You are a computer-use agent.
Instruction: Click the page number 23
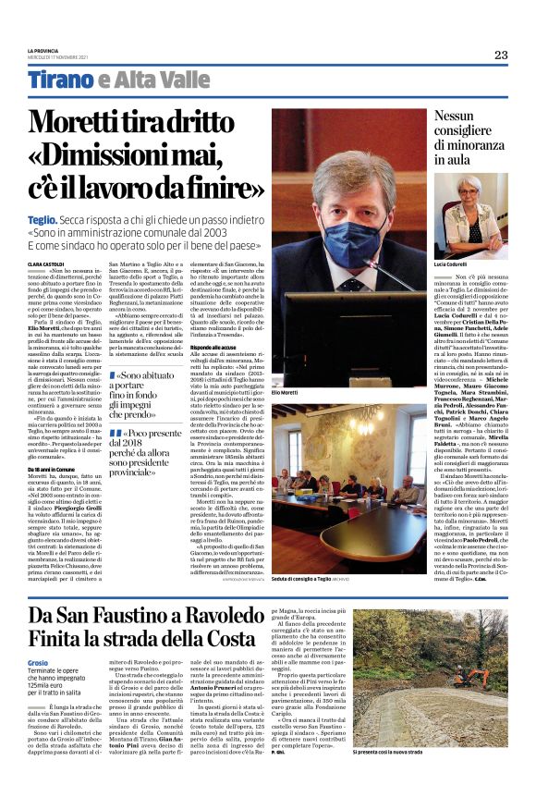[501, 55]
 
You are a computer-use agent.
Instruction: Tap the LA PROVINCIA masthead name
[44, 50]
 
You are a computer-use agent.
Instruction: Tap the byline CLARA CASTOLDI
[46, 264]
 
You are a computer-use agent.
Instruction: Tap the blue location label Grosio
[38, 637]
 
